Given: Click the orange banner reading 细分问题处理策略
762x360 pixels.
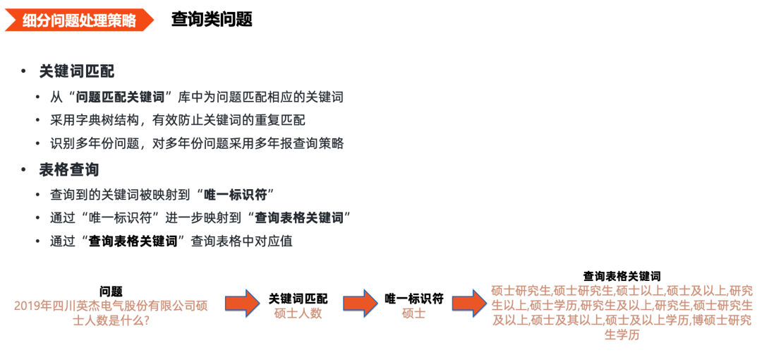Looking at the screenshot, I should [78, 20].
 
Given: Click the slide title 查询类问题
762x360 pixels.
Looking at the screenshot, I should [212, 20].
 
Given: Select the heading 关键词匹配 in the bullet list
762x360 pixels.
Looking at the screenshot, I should [77, 71].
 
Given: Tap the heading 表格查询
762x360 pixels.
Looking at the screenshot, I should [69, 169].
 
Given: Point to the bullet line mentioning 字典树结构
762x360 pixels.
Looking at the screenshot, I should [178, 120].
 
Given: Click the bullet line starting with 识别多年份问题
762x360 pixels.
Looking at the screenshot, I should [197, 143].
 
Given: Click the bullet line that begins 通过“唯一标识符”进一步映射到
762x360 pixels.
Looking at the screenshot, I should [200, 217].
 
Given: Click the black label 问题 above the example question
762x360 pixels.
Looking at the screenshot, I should [111, 291].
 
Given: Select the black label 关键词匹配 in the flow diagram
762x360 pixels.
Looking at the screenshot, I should [298, 299].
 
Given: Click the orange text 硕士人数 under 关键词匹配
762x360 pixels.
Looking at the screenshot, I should [298, 313].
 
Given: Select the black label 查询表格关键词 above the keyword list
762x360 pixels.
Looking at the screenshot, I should [622, 275].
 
